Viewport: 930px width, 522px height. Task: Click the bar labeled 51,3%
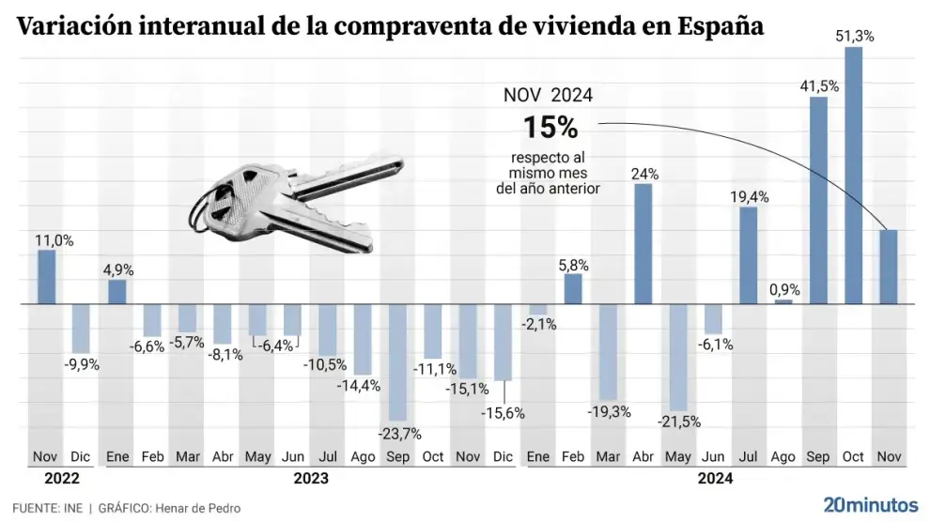pos(853,176)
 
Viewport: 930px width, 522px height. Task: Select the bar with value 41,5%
pos(818,200)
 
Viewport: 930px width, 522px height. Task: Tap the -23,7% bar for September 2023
pos(397,362)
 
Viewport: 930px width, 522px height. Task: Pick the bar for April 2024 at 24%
pos(643,243)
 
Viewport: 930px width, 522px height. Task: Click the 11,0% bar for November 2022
pos(46,277)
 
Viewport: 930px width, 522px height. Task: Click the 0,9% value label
pos(783,289)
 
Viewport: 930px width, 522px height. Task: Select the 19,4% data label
pos(749,196)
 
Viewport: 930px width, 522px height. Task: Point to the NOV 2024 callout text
pos(548,96)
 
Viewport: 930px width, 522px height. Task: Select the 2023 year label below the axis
pos(310,479)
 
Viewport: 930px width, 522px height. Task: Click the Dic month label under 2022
pos(81,457)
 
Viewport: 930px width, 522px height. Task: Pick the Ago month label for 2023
pos(363,457)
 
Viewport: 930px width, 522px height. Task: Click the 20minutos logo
pos(871,504)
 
